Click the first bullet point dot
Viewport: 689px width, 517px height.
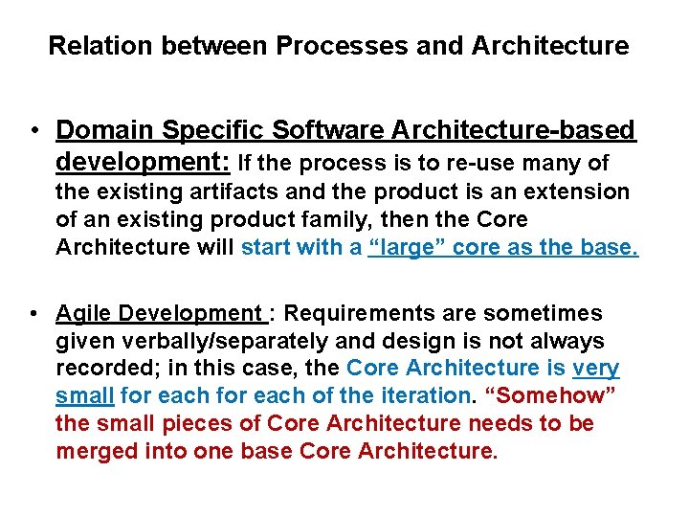coord(33,130)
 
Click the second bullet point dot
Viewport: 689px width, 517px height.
coord(33,314)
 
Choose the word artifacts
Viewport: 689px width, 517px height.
coord(226,191)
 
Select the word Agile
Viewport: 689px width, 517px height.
coord(85,313)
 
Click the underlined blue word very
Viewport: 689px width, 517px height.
coord(596,368)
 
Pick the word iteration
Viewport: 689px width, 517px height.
coord(417,395)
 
